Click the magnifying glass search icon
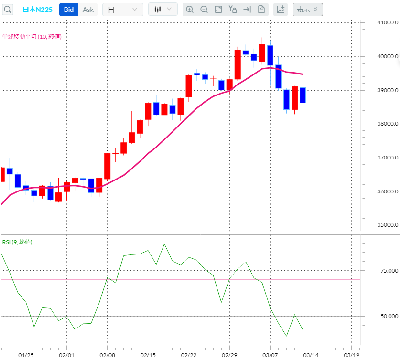click(x=8, y=10)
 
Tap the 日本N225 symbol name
click(x=38, y=10)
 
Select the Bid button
click(x=69, y=10)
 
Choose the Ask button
click(x=88, y=10)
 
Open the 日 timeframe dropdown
click(x=122, y=10)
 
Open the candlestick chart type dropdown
click(x=163, y=10)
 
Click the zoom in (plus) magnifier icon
click(x=190, y=10)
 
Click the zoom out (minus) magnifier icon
click(x=204, y=10)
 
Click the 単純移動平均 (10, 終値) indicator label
click(x=32, y=36)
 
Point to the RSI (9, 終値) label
click(x=17, y=242)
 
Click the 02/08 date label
click(x=107, y=355)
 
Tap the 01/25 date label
click(x=26, y=355)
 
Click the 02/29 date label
click(x=229, y=355)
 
